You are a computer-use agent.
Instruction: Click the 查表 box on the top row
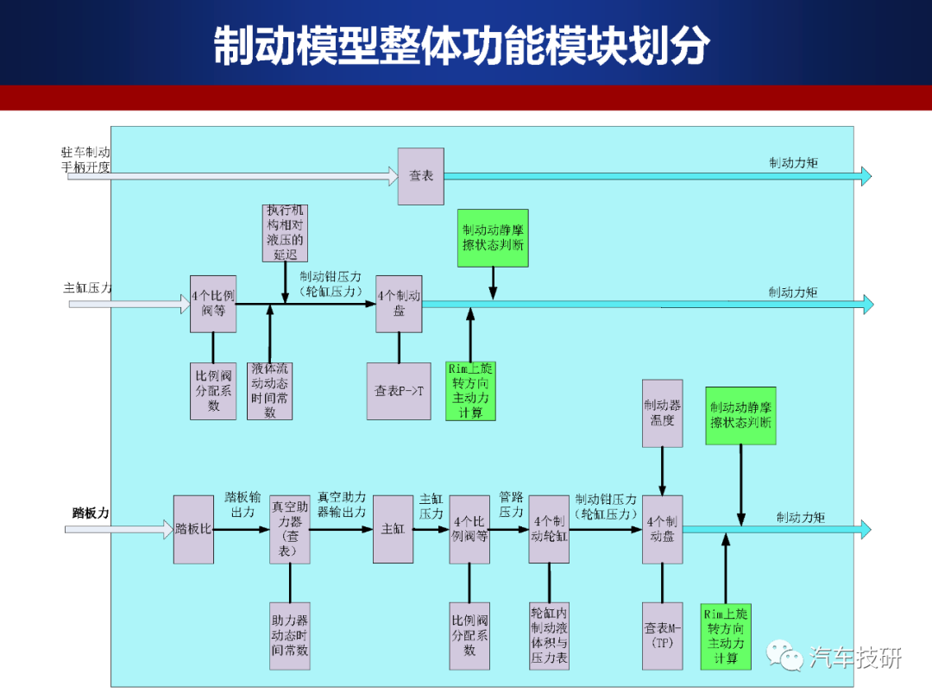pyautogui.click(x=421, y=177)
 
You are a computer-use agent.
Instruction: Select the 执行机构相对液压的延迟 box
pyautogui.click(x=286, y=233)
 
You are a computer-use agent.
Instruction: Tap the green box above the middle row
pyautogui.click(x=493, y=238)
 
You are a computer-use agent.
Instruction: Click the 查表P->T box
pyautogui.click(x=399, y=391)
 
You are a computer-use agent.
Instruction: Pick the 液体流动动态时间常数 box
pyautogui.click(x=270, y=391)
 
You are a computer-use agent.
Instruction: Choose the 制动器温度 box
pyautogui.click(x=662, y=413)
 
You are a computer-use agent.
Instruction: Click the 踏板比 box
pyautogui.click(x=194, y=530)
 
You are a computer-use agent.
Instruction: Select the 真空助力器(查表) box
pyautogui.click(x=290, y=530)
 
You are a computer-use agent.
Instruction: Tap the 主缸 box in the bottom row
pyautogui.click(x=393, y=530)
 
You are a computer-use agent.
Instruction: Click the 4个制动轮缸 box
pyautogui.click(x=549, y=530)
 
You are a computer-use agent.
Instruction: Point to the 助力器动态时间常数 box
pyautogui.click(x=290, y=636)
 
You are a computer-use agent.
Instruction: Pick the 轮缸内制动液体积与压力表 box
pyautogui.click(x=549, y=636)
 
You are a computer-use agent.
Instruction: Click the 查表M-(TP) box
pyautogui.click(x=662, y=636)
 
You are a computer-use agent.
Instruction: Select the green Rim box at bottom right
pyautogui.click(x=726, y=636)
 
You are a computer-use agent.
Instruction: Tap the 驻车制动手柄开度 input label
pyautogui.click(x=85, y=160)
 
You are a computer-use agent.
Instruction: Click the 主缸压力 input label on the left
pyautogui.click(x=87, y=288)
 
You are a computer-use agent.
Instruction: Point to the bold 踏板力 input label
pyautogui.click(x=91, y=513)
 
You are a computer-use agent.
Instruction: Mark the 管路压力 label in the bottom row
pyautogui.click(x=511, y=504)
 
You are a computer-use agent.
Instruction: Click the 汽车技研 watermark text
pyautogui.click(x=855, y=658)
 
